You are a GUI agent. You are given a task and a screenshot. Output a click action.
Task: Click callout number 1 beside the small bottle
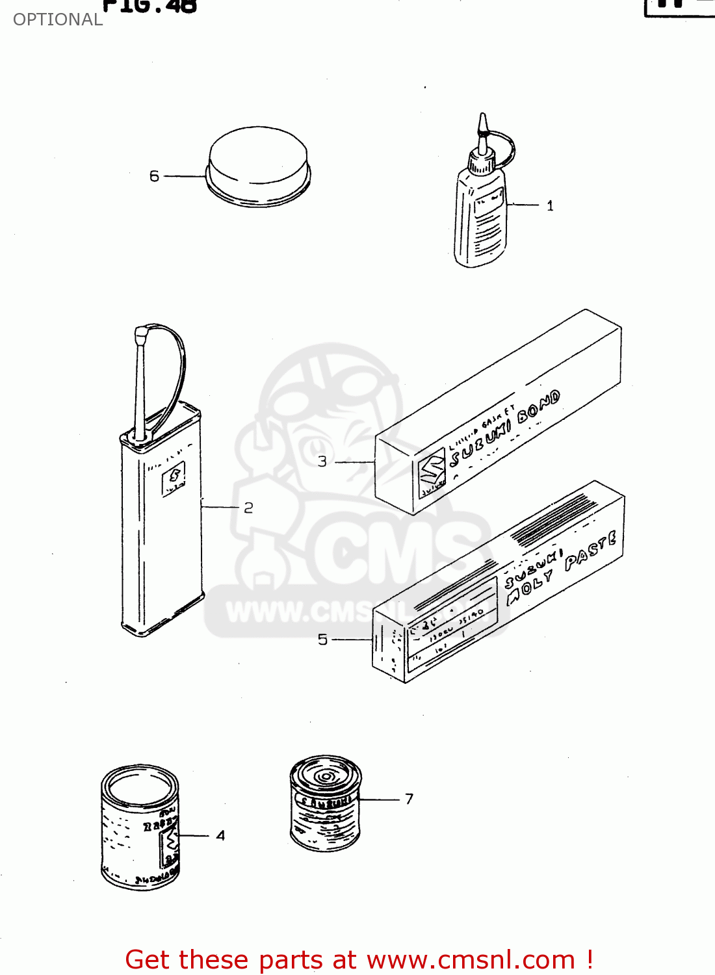550,206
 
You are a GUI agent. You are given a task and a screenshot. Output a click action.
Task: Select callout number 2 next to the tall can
248,508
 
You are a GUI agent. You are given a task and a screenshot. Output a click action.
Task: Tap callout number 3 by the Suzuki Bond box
322,461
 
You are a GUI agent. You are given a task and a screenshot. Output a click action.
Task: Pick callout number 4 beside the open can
221,835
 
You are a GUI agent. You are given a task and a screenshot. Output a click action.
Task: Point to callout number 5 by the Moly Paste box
322,640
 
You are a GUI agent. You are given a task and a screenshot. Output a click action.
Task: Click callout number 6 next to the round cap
154,176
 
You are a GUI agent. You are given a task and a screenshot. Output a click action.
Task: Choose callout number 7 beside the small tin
409,799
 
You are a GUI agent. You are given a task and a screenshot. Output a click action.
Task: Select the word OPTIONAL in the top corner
58,19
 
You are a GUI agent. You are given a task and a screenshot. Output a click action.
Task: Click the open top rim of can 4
140,785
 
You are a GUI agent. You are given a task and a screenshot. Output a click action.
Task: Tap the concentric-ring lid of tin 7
325,775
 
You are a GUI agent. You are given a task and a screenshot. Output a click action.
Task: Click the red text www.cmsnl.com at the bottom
471,960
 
